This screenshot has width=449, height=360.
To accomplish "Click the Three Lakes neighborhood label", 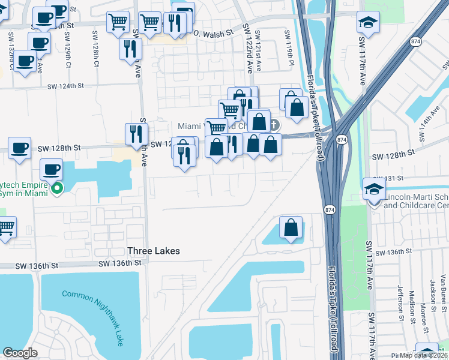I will click(153, 251).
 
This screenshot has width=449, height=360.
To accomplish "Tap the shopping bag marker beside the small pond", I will click(291, 228).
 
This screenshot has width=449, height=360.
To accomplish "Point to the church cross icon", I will click(274, 125).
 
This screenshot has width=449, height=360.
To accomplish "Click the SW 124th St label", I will click(73, 86).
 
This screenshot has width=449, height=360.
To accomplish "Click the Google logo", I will click(20, 353).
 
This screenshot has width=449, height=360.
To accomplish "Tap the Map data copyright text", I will click(424, 355).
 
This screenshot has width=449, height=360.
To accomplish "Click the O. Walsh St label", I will click(209, 33).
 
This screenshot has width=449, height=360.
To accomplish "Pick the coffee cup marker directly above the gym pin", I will click(51, 169).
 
